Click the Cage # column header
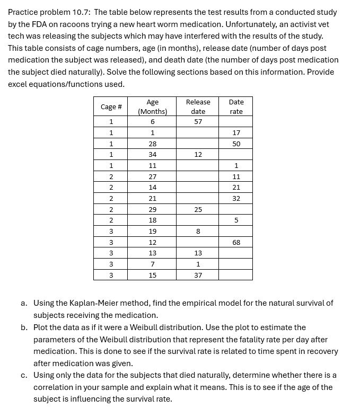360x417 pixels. click(x=111, y=107)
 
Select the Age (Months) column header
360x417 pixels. click(x=152, y=107)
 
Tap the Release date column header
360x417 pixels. click(x=198, y=107)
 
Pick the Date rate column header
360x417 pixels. click(x=236, y=107)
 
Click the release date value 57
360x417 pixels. click(x=198, y=122)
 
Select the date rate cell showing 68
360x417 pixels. click(x=236, y=242)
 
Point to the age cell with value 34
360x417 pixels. click(x=152, y=155)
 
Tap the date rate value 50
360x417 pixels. click(x=236, y=144)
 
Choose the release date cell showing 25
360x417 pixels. click(x=198, y=209)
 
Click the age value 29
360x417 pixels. click(x=152, y=209)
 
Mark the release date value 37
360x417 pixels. click(x=198, y=275)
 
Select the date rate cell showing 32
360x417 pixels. click(x=236, y=199)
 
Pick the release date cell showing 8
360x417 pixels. click(x=198, y=231)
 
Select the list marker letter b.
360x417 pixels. click(x=24, y=327)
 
